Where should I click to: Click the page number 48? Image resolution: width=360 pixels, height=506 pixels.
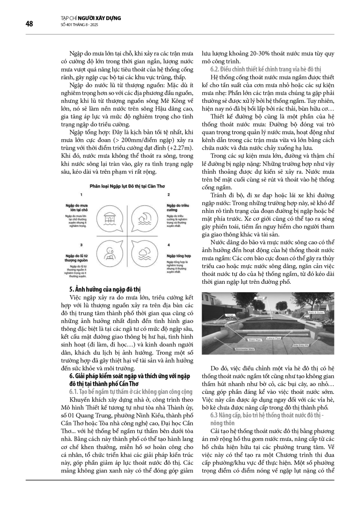click(29, 24)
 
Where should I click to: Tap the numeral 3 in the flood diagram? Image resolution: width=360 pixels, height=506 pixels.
click(81, 244)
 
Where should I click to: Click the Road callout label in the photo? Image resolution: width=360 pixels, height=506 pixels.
click(260, 298)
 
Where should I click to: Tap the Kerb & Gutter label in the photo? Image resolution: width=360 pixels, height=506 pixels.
click(318, 313)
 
